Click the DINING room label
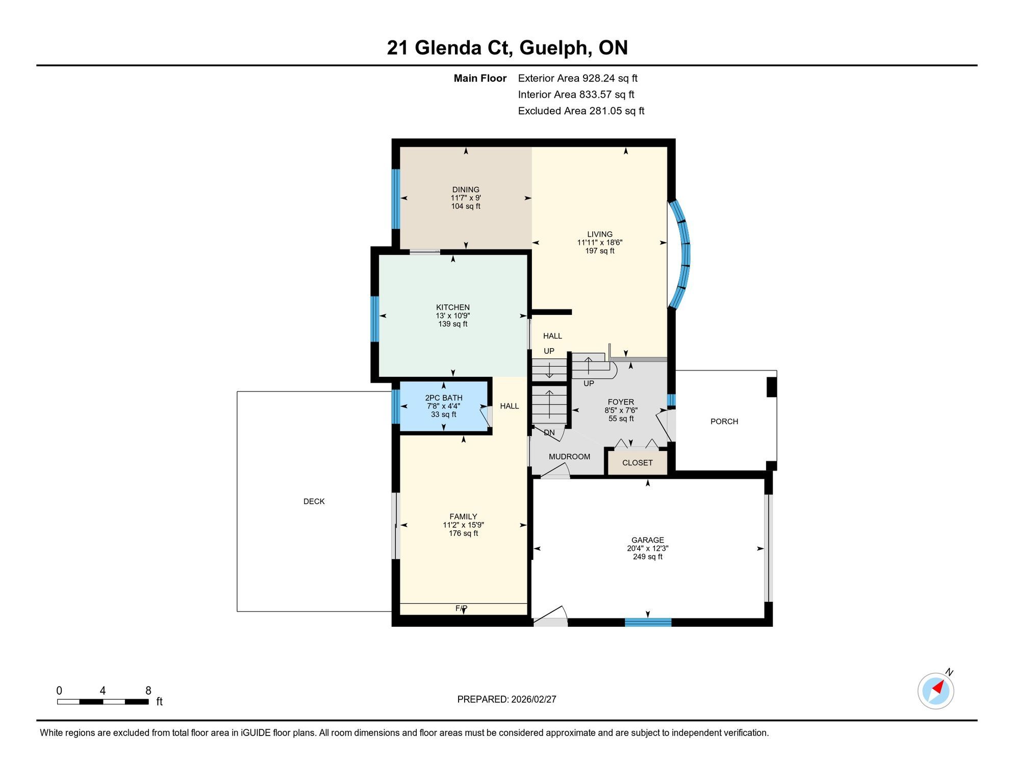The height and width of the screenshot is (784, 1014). [466, 189]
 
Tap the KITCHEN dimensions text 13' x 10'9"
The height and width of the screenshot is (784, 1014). [453, 315]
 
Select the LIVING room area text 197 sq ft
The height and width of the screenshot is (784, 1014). [600, 251]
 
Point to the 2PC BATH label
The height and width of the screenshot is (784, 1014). [444, 398]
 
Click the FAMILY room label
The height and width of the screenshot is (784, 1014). [463, 517]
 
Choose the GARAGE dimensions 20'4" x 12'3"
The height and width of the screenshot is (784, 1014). [648, 548]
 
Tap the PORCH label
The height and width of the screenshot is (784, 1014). [724, 421]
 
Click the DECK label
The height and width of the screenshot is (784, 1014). [314, 501]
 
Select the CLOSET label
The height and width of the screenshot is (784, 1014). [638, 462]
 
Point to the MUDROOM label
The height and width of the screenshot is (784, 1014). [569, 456]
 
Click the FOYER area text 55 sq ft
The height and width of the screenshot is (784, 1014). [621, 419]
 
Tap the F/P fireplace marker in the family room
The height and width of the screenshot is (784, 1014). [461, 608]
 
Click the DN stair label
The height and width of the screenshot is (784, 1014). [549, 432]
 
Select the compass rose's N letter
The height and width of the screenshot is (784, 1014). [949, 672]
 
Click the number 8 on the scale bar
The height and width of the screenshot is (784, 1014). [148, 691]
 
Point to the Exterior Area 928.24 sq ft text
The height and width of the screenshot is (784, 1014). [578, 78]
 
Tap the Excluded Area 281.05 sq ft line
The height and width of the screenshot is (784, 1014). [581, 111]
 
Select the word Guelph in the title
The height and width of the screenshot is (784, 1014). [556, 48]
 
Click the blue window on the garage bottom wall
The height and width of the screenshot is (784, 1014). [648, 622]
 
